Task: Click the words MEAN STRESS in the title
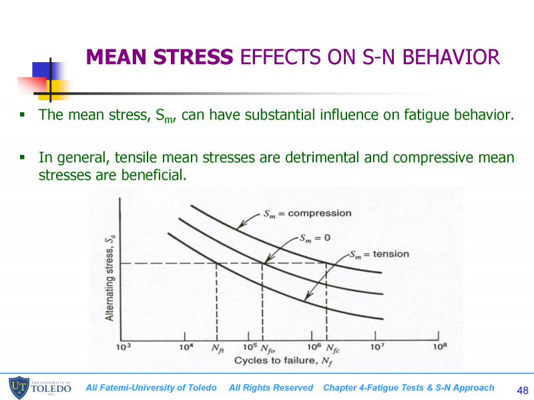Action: [160, 57]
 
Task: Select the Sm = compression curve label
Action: [307, 214]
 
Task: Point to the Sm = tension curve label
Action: [379, 254]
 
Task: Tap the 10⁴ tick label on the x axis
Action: [186, 347]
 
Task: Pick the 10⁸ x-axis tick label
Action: [439, 347]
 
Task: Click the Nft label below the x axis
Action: [218, 349]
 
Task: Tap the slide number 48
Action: [523, 390]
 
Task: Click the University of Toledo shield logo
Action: [17, 388]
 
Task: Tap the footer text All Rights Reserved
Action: [270, 388]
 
